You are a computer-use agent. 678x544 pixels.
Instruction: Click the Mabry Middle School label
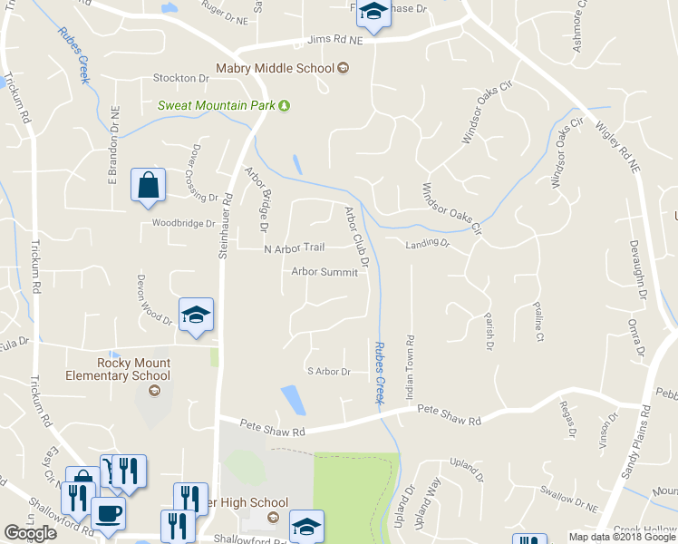click(x=276, y=68)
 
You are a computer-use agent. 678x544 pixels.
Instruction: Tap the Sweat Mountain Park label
click(x=217, y=105)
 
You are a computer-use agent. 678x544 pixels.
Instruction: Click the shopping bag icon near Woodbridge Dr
click(x=147, y=185)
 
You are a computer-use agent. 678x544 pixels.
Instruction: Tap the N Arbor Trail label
click(x=294, y=248)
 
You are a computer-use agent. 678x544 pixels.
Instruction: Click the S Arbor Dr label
click(x=328, y=371)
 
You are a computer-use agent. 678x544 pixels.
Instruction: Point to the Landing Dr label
click(x=428, y=243)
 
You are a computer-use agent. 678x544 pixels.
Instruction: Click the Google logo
click(x=30, y=533)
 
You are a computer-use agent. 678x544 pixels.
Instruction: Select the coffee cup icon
click(x=109, y=513)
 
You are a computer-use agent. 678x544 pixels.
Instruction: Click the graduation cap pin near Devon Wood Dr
click(x=196, y=315)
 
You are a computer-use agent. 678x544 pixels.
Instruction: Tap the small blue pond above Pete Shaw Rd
click(x=293, y=399)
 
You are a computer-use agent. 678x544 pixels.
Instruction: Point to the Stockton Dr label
click(x=181, y=78)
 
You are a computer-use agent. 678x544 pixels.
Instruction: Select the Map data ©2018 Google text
click(x=622, y=537)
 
